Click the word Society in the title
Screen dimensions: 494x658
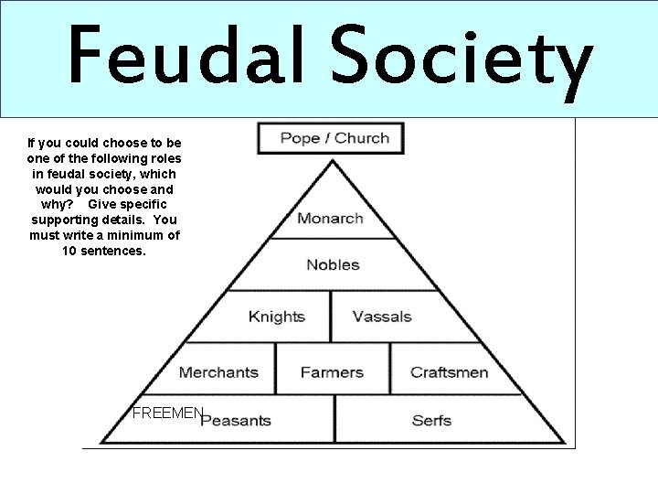click(459, 57)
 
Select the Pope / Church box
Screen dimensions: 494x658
click(330, 139)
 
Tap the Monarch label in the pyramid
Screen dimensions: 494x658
click(330, 219)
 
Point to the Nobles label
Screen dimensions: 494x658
click(333, 265)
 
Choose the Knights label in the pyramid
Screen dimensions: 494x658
click(276, 317)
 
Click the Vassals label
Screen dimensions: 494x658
click(382, 317)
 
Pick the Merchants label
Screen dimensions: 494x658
click(218, 372)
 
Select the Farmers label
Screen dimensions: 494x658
click(332, 372)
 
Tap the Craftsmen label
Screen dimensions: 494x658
click(449, 372)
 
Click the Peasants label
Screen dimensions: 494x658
click(236, 421)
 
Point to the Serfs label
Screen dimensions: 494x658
click(431, 421)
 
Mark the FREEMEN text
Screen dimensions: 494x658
click(166, 413)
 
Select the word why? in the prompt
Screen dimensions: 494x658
click(58, 204)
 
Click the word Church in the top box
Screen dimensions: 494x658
click(362, 139)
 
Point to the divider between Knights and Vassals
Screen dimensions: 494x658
click(330, 317)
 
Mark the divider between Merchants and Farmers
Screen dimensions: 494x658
click(275, 369)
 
